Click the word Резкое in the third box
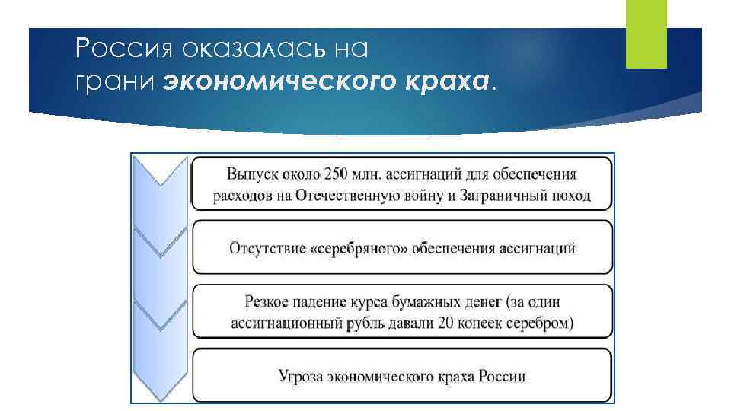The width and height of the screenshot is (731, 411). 266,302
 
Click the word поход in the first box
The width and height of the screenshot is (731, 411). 571,196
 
